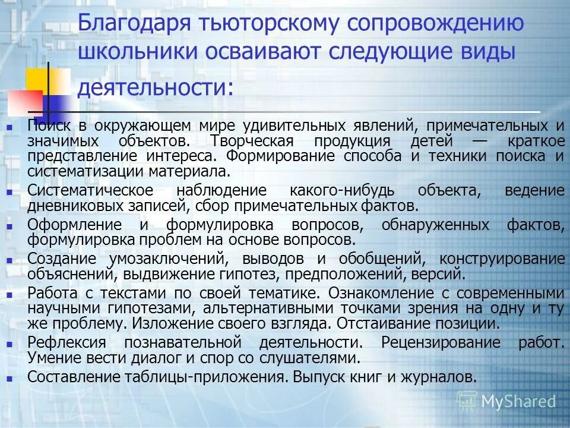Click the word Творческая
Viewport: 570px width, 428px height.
(x=252, y=141)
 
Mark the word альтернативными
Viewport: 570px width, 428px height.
(x=268, y=309)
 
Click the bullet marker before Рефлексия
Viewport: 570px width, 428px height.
(x=9, y=344)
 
